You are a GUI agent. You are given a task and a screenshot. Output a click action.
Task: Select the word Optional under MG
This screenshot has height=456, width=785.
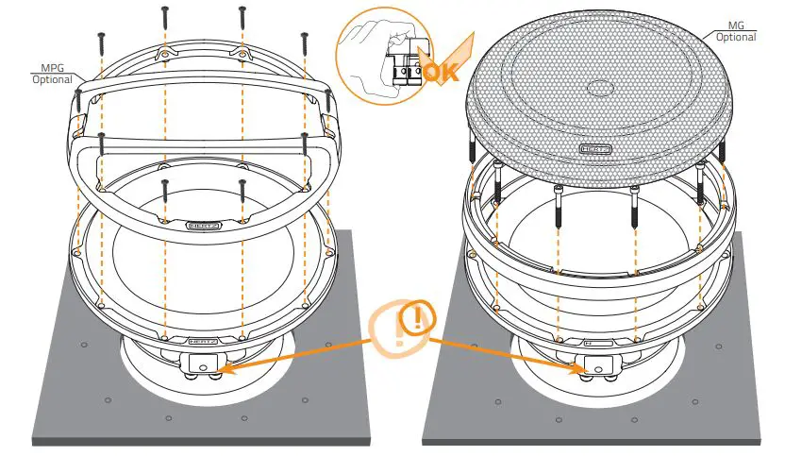click(736, 38)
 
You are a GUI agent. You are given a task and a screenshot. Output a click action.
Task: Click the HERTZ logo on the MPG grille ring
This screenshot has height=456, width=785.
click(204, 226)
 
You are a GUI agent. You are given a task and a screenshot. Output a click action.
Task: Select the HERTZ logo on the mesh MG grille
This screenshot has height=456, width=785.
click(594, 149)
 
